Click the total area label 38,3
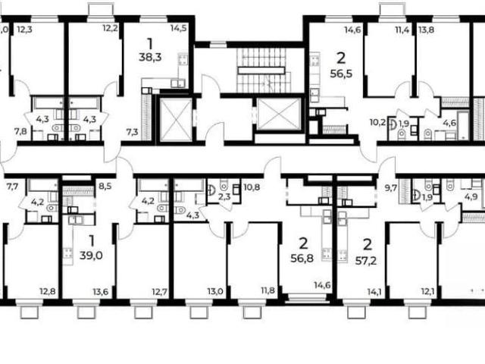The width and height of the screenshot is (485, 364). (x=150, y=58)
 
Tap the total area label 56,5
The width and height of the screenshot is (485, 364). (x=342, y=74)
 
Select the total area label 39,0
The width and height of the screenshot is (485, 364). (x=91, y=256)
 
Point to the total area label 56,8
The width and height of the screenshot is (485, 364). (x=302, y=258)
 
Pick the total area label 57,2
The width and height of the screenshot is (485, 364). (x=366, y=261)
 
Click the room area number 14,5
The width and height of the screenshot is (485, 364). (x=179, y=29)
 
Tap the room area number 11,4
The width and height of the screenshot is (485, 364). (x=402, y=30)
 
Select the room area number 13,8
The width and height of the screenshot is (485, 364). (x=426, y=30)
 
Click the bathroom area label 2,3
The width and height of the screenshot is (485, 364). (x=224, y=196)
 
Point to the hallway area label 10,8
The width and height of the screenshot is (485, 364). (x=252, y=187)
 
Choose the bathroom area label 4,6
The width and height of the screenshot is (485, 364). (x=449, y=123)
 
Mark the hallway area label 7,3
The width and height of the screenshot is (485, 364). (x=132, y=133)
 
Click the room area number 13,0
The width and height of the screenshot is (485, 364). (x=215, y=291)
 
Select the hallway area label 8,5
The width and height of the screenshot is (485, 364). (x=105, y=187)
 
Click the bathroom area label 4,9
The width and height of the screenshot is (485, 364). (x=473, y=196)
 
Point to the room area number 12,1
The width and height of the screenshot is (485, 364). (x=427, y=291)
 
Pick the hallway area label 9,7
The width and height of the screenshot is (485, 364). (x=391, y=187)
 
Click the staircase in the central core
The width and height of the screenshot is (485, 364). (x=264, y=71)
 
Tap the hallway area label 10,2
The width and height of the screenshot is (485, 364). (x=377, y=123)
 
